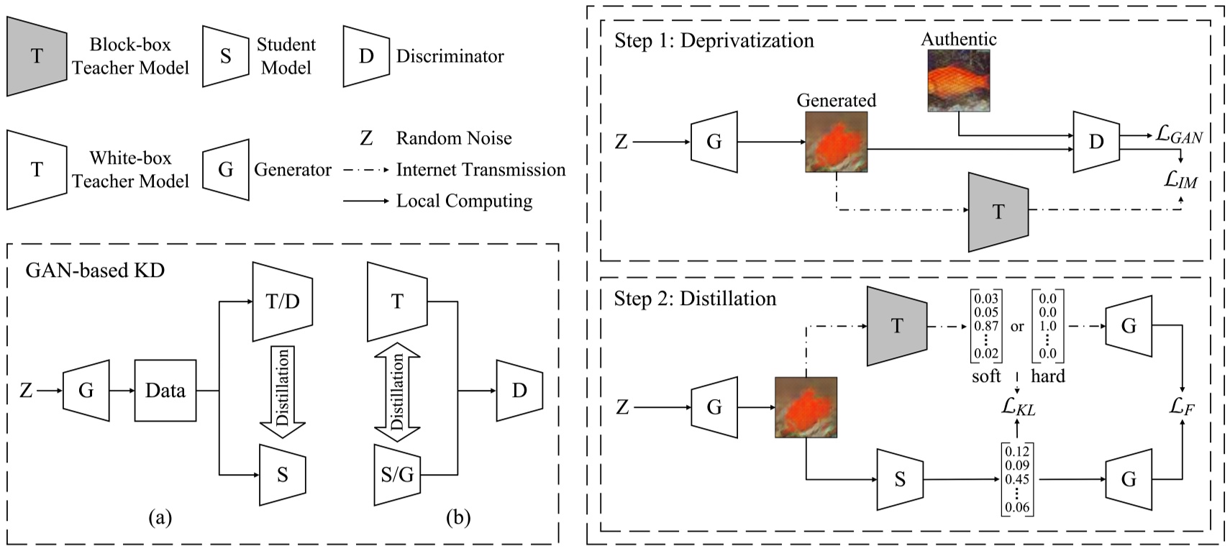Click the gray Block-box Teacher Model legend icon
[x=37, y=55]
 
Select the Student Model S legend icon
[x=225, y=56]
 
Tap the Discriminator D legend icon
[x=366, y=56]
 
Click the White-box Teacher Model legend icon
[x=37, y=169]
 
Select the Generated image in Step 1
[x=836, y=141]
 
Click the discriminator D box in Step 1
[x=1095, y=142]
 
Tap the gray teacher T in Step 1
[x=998, y=211]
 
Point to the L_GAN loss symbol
[x=1179, y=135]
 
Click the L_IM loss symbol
[x=1180, y=180]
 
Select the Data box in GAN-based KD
[x=165, y=391]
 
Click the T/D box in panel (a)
[x=282, y=301]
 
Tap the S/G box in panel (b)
[x=397, y=475]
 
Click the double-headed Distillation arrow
[x=397, y=392]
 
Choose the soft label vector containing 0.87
[x=985, y=327]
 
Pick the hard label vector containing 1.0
[x=1047, y=327]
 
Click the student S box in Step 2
[x=900, y=479]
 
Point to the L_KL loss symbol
[x=1018, y=407]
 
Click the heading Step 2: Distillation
[x=695, y=299]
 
